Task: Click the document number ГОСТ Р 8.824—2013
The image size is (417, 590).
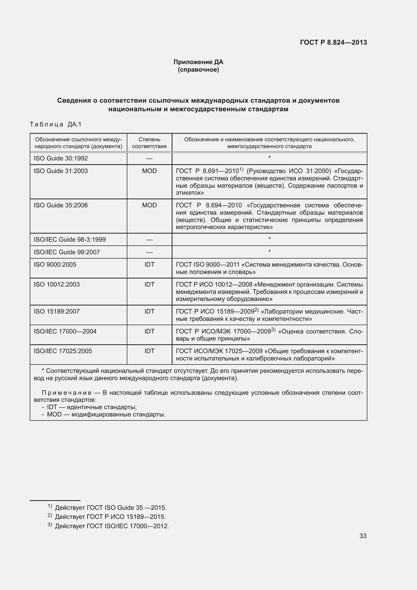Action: click(x=333, y=42)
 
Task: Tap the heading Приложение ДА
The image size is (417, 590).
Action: click(x=198, y=62)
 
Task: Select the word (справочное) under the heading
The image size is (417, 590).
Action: click(x=198, y=70)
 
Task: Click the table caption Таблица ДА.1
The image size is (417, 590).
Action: click(x=55, y=124)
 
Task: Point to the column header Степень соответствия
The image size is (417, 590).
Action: click(x=149, y=143)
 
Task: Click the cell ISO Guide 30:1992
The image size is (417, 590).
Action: click(x=61, y=158)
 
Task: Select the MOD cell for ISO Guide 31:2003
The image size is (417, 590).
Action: click(x=149, y=171)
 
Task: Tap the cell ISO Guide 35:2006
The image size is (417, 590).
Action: click(x=61, y=205)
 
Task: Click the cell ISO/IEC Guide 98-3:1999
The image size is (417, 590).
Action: click(x=70, y=239)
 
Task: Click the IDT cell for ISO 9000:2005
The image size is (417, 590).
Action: click(x=149, y=264)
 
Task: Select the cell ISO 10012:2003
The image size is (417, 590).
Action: click(x=57, y=285)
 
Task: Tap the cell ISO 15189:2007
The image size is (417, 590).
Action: click(x=57, y=312)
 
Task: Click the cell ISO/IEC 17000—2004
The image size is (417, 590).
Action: click(x=65, y=331)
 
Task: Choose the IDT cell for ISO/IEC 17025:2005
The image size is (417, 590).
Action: click(x=149, y=351)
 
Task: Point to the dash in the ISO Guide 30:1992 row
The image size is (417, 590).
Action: click(x=149, y=159)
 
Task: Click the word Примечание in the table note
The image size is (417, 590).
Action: click(x=67, y=393)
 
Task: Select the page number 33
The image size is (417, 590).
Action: click(x=363, y=536)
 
